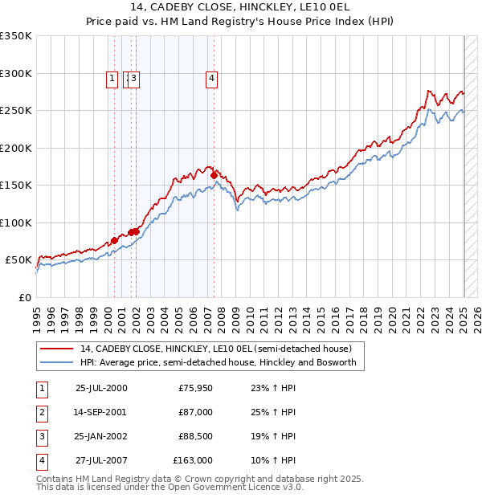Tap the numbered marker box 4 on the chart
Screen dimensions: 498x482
point(211,79)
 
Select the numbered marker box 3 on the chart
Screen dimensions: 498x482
point(134,79)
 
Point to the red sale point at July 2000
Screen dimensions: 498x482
point(115,240)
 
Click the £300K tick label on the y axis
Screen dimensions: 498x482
point(16,73)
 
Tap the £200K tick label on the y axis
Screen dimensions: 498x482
point(16,148)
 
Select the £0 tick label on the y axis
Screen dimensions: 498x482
point(24,297)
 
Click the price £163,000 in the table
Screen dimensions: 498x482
point(193,460)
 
